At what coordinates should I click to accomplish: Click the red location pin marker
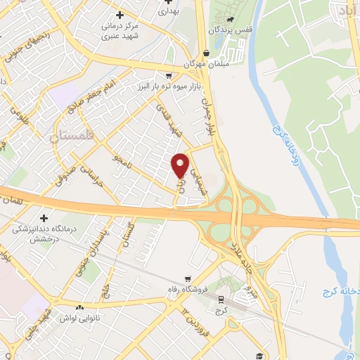coord(180,165)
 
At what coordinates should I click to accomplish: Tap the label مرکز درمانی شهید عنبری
coord(119,30)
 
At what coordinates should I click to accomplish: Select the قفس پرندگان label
coord(228,31)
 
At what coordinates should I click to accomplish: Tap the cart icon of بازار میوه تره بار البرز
coord(168,75)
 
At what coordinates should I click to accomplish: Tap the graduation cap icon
coord(259,356)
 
